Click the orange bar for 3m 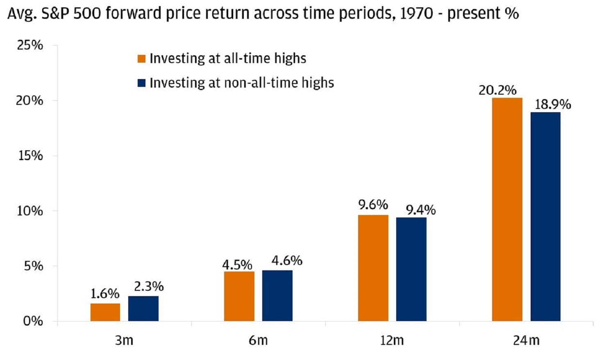(105, 312)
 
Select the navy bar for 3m (143, 308)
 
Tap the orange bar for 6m (239, 296)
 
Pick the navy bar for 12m (411, 269)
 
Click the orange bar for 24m (507, 209)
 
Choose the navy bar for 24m (545, 217)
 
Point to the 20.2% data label (497, 90)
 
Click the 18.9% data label (552, 104)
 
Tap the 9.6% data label (373, 205)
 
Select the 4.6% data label (287, 260)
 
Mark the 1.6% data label (105, 294)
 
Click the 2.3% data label (149, 286)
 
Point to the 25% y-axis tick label (30, 45)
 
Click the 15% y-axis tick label (30, 156)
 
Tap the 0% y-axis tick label (33, 321)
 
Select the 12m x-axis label (392, 340)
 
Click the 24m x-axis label (526, 340)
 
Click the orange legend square (142, 59)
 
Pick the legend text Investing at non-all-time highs (242, 83)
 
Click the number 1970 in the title (416, 14)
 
